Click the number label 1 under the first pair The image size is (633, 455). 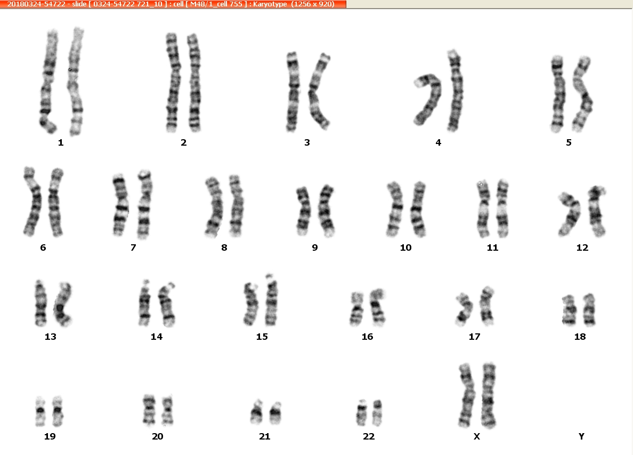61,142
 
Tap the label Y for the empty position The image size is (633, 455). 581,436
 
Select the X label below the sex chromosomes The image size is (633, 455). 477,436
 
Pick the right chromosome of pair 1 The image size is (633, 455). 76,81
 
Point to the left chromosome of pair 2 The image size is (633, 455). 173,83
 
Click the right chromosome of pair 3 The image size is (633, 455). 318,91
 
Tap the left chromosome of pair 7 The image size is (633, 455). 120,205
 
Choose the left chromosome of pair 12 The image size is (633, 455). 571,214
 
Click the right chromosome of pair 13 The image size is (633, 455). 62,304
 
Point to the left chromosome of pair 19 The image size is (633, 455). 40,411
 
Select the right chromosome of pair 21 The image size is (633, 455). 275,412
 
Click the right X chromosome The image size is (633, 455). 489,396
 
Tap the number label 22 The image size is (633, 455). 369,436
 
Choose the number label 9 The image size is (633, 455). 315,248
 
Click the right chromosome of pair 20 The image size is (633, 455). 167,410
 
